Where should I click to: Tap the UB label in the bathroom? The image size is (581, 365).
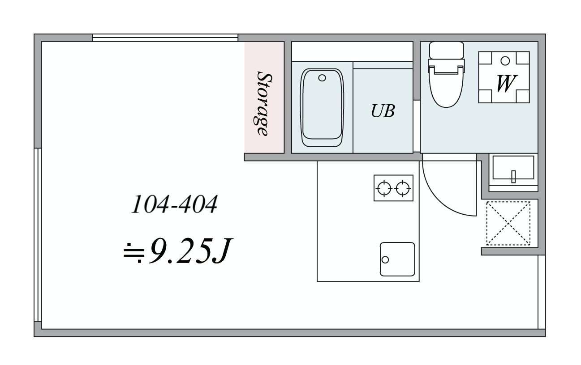[x=383, y=111]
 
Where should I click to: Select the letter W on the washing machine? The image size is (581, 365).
[x=506, y=83]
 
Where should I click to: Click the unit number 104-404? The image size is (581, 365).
[x=174, y=204]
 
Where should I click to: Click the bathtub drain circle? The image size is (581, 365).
[x=322, y=78]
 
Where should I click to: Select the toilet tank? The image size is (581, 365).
[x=446, y=50]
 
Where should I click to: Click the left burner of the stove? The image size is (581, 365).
[x=384, y=188]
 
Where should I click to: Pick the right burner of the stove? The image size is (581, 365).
[x=403, y=188]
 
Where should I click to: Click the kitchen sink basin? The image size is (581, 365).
[x=397, y=259]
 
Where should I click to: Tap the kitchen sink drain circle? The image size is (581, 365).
[x=385, y=259]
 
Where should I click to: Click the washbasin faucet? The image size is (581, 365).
[x=513, y=177]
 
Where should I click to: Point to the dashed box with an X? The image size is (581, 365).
[x=508, y=223]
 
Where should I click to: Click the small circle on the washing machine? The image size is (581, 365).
[x=505, y=61]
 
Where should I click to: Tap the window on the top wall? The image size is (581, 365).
[x=165, y=38]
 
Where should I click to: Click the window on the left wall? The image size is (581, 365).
[x=38, y=235]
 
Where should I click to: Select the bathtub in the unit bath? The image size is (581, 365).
[x=322, y=107]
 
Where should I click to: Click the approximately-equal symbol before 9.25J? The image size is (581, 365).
[x=134, y=253]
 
